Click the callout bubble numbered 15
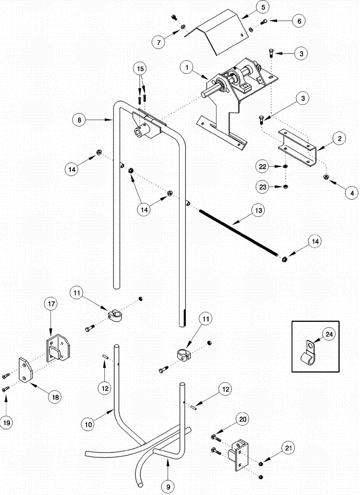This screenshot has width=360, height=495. (x=140, y=68)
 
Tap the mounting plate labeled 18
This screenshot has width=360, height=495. (x=26, y=369)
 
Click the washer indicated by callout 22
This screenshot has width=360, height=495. (x=286, y=167)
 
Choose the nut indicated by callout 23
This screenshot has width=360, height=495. (x=286, y=187)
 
